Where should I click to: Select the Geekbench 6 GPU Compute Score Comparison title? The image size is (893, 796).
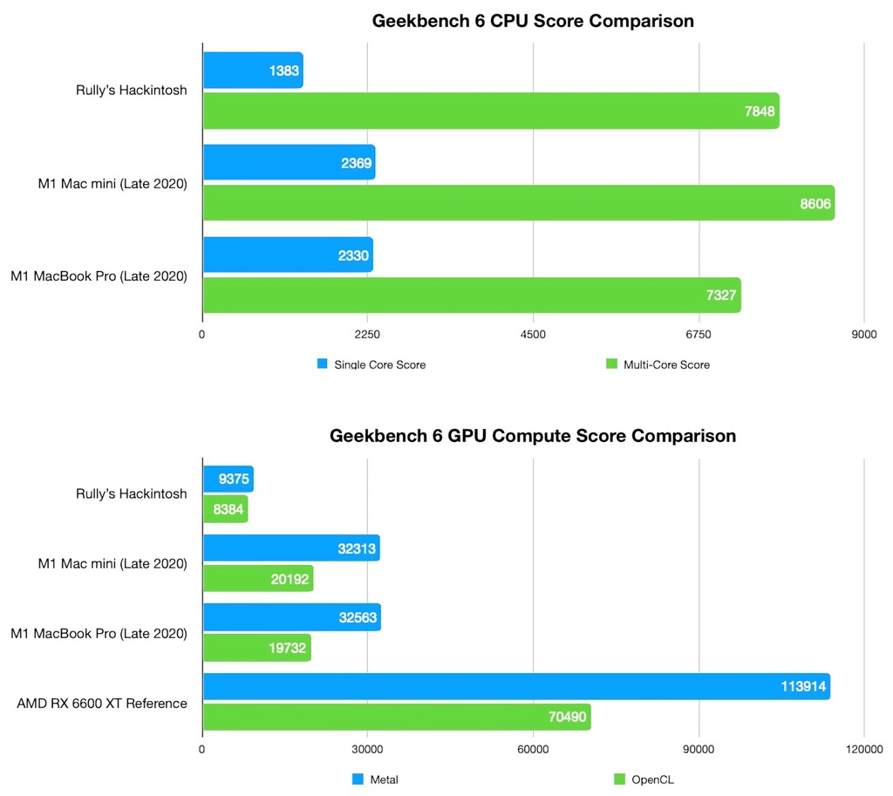click(532, 435)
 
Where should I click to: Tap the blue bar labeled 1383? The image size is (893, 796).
click(253, 69)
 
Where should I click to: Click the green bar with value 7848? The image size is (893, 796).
click(490, 111)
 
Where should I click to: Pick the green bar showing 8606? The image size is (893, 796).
click(518, 202)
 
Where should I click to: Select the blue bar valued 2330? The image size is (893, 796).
click(288, 255)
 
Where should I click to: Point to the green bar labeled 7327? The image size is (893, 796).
click(471, 295)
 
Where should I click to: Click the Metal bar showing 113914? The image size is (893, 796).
click(515, 686)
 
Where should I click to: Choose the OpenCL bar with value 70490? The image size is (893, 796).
click(396, 718)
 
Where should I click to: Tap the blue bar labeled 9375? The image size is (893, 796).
click(228, 480)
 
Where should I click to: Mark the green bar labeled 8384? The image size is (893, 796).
click(225, 509)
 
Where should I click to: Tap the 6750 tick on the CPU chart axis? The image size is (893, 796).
click(699, 334)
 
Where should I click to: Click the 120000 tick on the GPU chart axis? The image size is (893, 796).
click(864, 749)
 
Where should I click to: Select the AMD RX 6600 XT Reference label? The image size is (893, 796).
click(102, 703)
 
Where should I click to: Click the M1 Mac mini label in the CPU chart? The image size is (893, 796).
click(112, 183)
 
